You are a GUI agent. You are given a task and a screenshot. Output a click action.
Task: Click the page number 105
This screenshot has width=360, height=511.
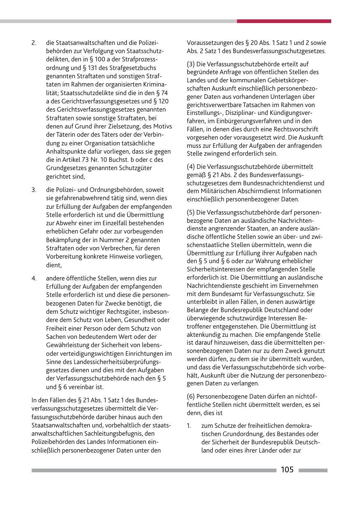point(287,470)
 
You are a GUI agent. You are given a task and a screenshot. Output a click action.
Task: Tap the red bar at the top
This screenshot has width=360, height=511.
point(284,21)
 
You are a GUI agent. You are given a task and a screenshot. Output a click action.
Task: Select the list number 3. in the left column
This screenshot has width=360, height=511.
point(34,190)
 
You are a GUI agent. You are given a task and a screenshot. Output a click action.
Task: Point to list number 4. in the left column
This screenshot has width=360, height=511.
point(34,278)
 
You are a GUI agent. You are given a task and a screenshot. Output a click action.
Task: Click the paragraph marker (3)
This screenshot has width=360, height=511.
point(191,64)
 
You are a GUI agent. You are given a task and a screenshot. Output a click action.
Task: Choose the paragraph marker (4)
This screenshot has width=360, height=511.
point(191,167)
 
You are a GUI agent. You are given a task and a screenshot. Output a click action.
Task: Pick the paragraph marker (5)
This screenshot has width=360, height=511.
point(191,212)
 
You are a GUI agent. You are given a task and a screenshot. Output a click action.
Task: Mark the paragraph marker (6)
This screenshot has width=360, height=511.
point(191,396)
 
